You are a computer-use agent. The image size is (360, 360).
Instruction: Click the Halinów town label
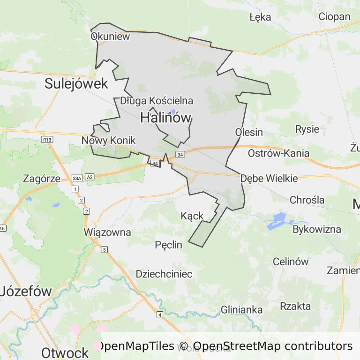point(166,118)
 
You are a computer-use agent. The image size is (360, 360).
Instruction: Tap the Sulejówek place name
point(76,84)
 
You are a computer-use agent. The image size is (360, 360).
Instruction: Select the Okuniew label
point(110,37)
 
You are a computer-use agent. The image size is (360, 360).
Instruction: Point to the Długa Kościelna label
point(157,101)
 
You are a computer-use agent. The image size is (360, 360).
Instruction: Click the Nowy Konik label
point(108,141)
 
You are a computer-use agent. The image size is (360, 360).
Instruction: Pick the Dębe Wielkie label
point(269,179)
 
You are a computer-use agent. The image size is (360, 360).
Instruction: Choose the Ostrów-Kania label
point(278,153)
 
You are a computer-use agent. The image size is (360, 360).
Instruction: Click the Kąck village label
point(192,216)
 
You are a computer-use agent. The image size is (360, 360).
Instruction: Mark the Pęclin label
point(168,245)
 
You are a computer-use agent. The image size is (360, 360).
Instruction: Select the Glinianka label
point(241,310)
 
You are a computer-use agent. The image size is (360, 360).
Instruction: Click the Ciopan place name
point(334,17)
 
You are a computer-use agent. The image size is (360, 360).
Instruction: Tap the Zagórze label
point(42,179)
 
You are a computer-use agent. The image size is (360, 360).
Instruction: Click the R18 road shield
point(46,140)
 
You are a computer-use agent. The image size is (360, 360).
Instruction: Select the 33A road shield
point(77,178)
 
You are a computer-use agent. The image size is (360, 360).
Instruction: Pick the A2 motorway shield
point(90,177)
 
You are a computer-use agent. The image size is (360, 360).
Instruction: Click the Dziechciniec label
point(164,274)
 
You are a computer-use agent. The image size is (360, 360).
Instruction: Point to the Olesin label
point(249,132)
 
